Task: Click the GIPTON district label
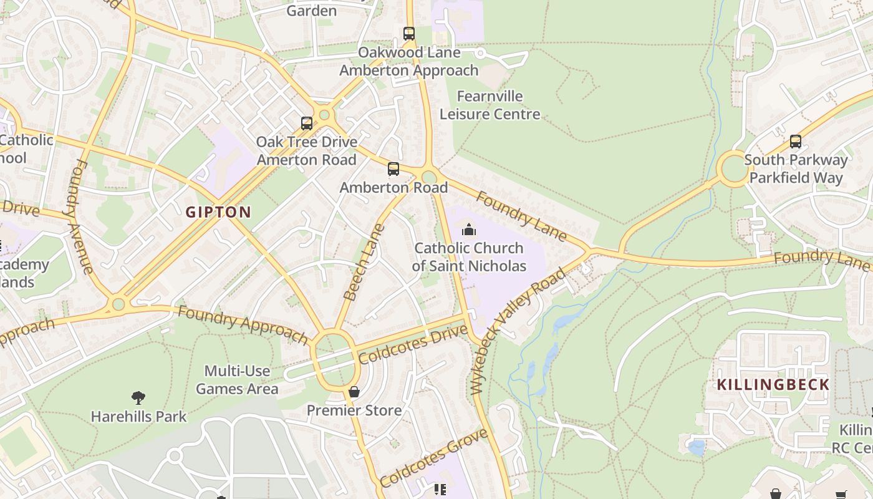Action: coord(218,212)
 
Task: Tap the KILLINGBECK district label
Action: coord(773,384)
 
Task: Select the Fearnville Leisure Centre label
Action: coord(490,105)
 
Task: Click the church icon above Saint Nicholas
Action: coord(469,230)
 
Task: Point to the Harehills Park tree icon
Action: coord(138,397)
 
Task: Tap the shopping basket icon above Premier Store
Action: coord(354,392)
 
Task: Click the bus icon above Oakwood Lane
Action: coord(409,34)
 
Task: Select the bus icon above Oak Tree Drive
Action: coord(307,123)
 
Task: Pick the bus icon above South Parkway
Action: coord(796,142)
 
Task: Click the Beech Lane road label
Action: coord(365,262)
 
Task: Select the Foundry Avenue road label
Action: coord(84,216)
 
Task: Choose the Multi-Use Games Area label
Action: coord(237,380)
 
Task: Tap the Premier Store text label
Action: coord(354,410)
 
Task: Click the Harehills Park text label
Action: coord(138,416)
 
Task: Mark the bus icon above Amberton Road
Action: coord(393,169)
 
